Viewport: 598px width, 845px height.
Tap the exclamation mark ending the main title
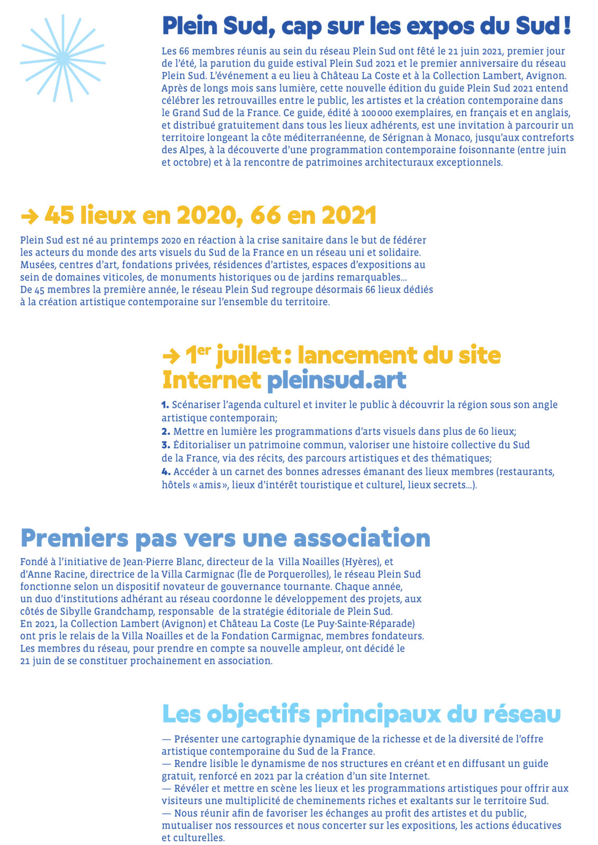click(567, 26)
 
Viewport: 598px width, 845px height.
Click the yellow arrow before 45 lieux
click(29, 216)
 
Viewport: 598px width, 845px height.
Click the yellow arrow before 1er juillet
click(171, 356)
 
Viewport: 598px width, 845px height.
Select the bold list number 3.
click(165, 445)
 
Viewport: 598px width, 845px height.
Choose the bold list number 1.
click(165, 405)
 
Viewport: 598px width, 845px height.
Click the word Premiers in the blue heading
click(74, 538)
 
